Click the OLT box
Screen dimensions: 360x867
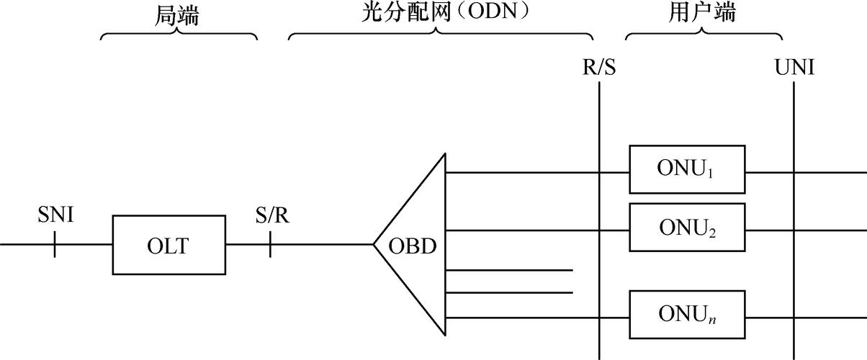click(169, 245)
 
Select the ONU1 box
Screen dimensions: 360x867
click(687, 169)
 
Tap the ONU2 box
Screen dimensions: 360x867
click(687, 227)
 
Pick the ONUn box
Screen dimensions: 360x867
click(687, 314)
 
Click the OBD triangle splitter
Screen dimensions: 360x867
click(418, 245)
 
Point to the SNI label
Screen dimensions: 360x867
click(55, 215)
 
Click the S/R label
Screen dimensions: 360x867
click(272, 215)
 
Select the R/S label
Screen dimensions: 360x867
click(598, 68)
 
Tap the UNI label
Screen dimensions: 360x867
click(794, 68)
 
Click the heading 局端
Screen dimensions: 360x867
click(177, 14)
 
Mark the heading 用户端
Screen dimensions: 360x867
click(703, 14)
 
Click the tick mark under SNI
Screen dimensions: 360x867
click(55, 245)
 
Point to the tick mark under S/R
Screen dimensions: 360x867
click(271, 245)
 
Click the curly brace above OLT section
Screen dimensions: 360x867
click(179, 35)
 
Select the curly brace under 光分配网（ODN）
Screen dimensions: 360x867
click(441, 35)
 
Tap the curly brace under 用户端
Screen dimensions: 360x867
click(704, 35)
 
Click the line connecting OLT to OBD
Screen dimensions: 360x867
click(324, 245)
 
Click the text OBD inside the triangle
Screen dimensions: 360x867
click(413, 246)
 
